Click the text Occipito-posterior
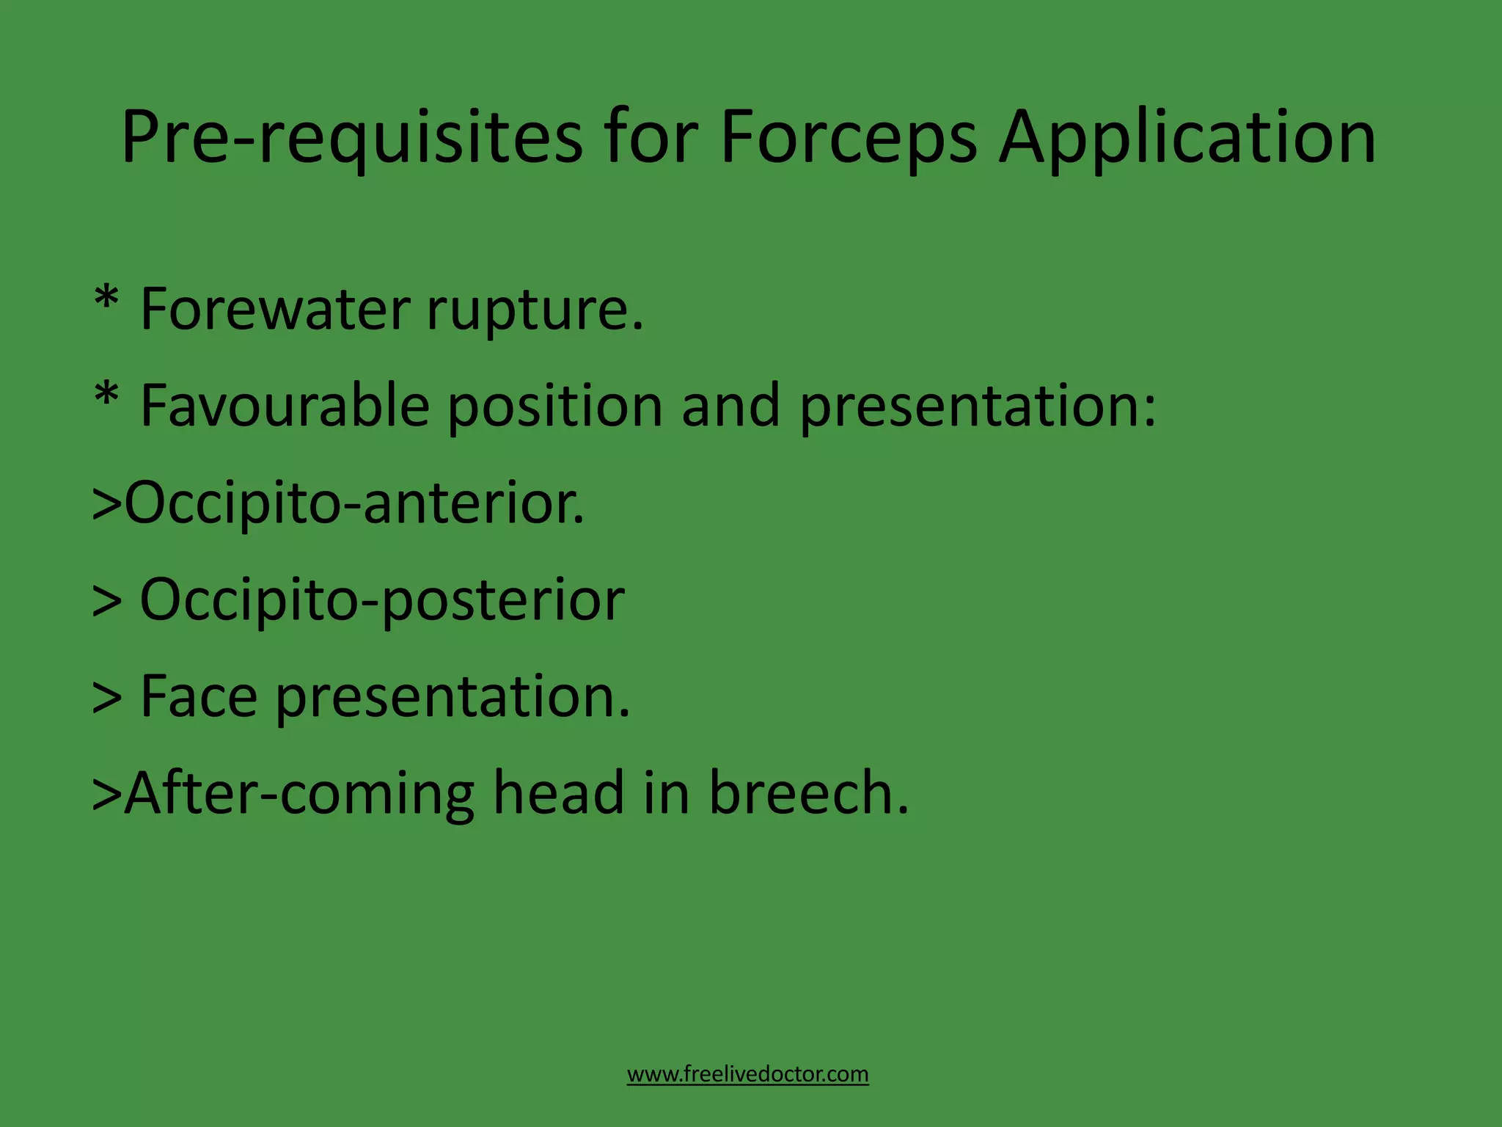click(x=381, y=601)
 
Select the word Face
click(x=198, y=696)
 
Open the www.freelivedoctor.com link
click(x=747, y=1074)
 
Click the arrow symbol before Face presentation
click(x=106, y=698)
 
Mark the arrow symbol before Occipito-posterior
click(x=106, y=601)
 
